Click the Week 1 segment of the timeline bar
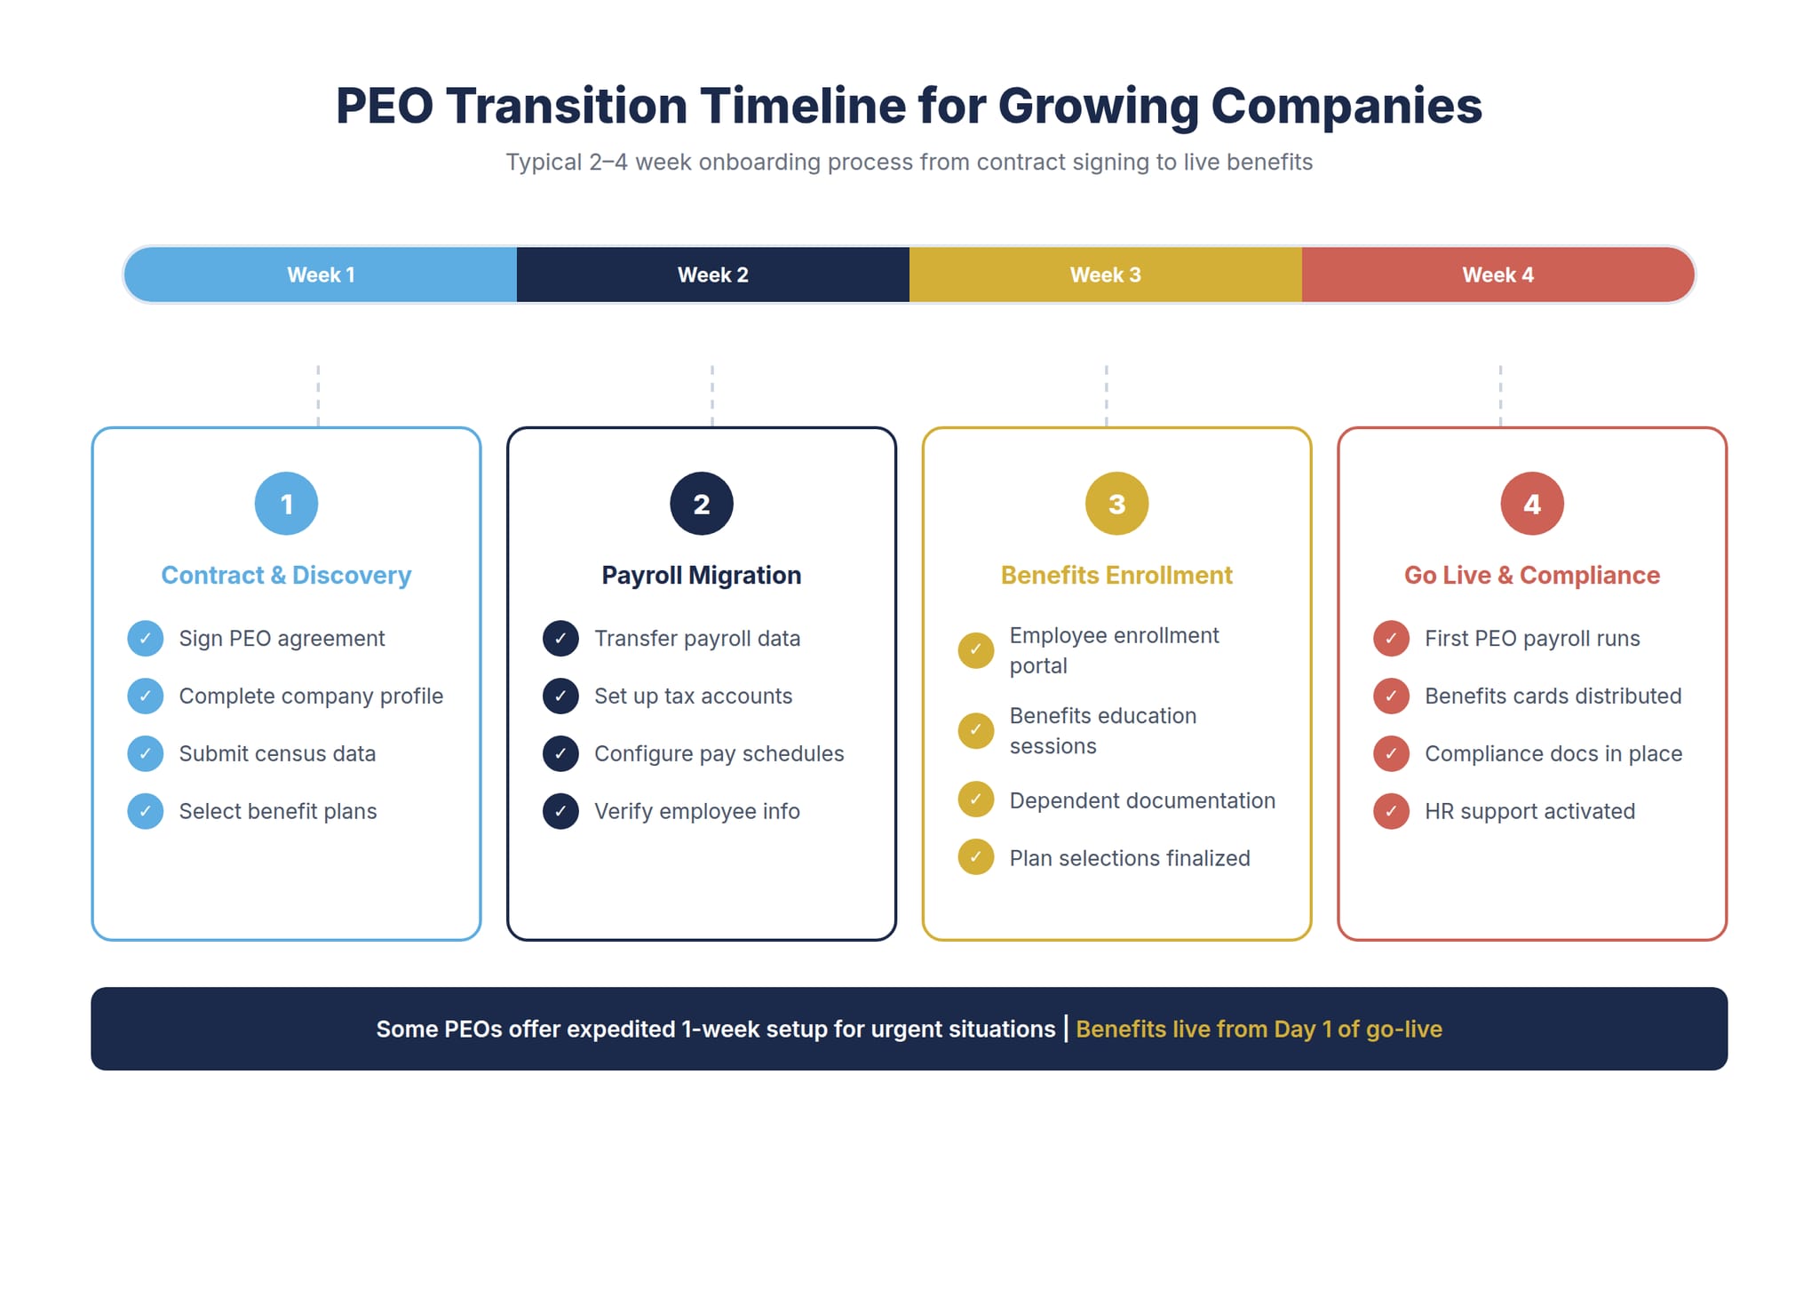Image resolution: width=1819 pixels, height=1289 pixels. point(321,275)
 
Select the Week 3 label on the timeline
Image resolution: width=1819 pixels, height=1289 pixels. point(1105,275)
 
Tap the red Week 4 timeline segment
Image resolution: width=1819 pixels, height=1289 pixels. point(1497,275)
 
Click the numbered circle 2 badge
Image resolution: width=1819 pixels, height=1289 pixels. point(701,504)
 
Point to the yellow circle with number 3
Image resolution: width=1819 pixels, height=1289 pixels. point(1116,504)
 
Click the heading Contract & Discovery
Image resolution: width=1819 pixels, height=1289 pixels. point(286,575)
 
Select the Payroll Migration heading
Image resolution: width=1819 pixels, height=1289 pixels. point(701,575)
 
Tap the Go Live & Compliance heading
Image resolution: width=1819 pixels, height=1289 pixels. point(1531,575)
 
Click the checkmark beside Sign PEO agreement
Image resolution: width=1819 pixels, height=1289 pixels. point(145,638)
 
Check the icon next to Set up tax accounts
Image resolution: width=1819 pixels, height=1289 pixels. point(560,696)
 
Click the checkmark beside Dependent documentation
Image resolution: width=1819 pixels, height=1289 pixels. point(975,800)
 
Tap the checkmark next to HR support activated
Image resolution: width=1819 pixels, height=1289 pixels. point(1391,811)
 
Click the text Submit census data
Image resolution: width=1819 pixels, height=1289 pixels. point(277,753)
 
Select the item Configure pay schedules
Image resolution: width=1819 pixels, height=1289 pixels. point(719,753)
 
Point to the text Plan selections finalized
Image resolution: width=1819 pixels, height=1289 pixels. point(1129,858)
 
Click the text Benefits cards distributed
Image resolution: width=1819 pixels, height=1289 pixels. point(1553,696)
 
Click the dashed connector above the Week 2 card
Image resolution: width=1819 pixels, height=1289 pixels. point(711,395)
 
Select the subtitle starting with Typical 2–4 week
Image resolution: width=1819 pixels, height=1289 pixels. point(909,162)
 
